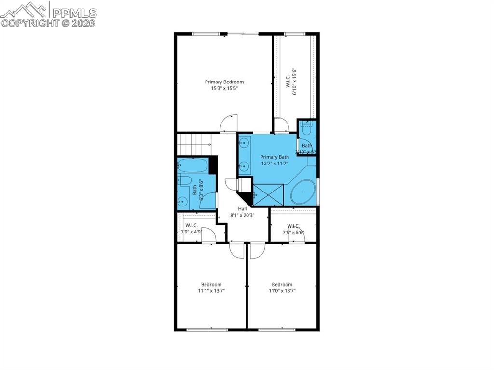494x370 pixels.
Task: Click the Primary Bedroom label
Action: pyautogui.click(x=224, y=82)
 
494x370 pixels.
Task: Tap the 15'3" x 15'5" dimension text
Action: pyautogui.click(x=224, y=89)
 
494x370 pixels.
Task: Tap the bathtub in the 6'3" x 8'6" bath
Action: pyautogui.click(x=193, y=166)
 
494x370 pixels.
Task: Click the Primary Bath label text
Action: pyautogui.click(x=274, y=157)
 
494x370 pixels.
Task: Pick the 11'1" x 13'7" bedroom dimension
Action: pyautogui.click(x=211, y=291)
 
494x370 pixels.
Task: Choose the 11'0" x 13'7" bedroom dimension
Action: pyautogui.click(x=282, y=291)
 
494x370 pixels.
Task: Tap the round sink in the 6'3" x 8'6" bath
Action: pyautogui.click(x=183, y=202)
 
